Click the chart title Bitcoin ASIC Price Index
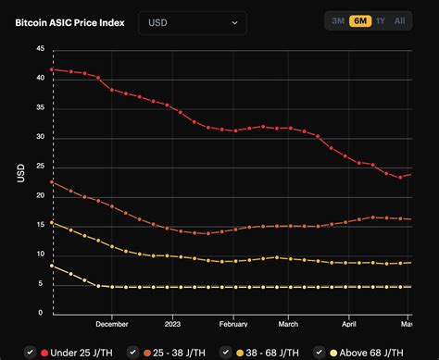coord(71,21)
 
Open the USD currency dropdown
coord(192,22)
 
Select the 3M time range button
coord(338,20)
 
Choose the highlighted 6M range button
coord(359,20)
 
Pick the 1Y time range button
coord(380,20)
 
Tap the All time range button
coord(399,20)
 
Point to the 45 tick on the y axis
coord(39,50)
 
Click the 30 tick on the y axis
coord(39,137)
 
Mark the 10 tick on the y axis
coord(39,254)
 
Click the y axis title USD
coord(20,173)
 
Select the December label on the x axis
coord(111,324)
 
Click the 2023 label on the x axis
coord(173,324)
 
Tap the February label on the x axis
coord(233,324)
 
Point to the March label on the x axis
coord(289,324)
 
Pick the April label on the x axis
coord(349,324)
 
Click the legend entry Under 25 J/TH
coord(79,353)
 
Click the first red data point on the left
coord(53,69)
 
